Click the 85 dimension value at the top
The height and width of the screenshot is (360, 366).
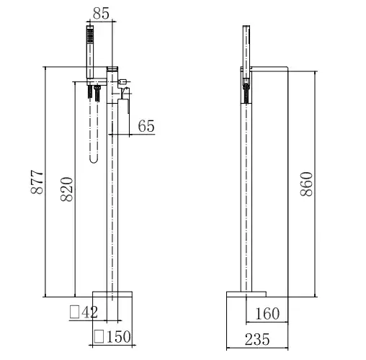pyautogui.click(x=101, y=14)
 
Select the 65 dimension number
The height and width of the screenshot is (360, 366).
pyautogui.click(x=146, y=126)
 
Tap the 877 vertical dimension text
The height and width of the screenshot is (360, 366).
pyautogui.click(x=37, y=182)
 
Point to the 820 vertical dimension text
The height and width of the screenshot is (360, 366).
pyautogui.click(x=66, y=189)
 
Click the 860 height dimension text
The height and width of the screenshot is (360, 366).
pyautogui.click(x=307, y=184)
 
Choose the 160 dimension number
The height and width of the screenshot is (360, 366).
pyautogui.click(x=267, y=313)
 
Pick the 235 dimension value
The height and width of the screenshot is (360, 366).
pyautogui.click(x=257, y=339)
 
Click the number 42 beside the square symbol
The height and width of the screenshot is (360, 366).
pyautogui.click(x=90, y=312)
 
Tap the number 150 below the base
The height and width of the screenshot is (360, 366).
pyautogui.click(x=119, y=336)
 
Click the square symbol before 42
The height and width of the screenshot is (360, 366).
pyautogui.click(x=74, y=312)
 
